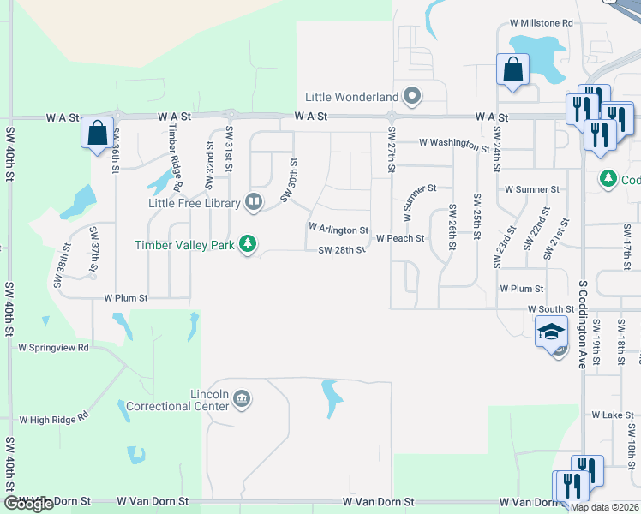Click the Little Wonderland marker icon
(x=412, y=95)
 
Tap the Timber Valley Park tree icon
(x=248, y=244)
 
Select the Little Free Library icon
(x=254, y=202)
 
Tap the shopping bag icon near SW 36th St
(x=97, y=133)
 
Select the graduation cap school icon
(x=551, y=331)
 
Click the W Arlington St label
(x=338, y=230)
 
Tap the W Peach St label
(x=400, y=238)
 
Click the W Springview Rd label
(x=53, y=348)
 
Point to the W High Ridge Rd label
(x=54, y=420)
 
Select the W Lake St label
(x=611, y=415)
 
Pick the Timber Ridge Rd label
(x=174, y=157)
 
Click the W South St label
(x=550, y=308)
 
